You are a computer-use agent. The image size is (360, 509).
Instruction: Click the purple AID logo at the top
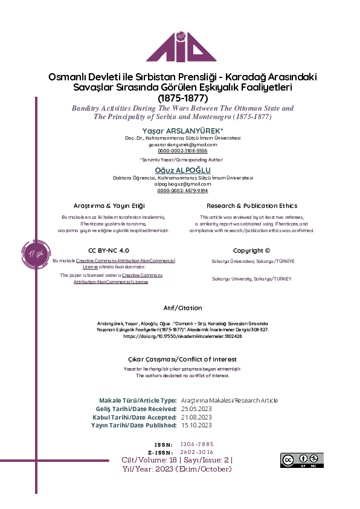point(181,39)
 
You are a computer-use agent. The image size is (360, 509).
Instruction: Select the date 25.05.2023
point(196,409)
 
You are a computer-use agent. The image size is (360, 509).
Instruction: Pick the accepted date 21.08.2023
point(196,417)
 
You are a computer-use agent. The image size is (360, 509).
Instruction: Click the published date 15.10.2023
point(196,426)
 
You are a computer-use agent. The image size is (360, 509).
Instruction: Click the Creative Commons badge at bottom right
point(301,460)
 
